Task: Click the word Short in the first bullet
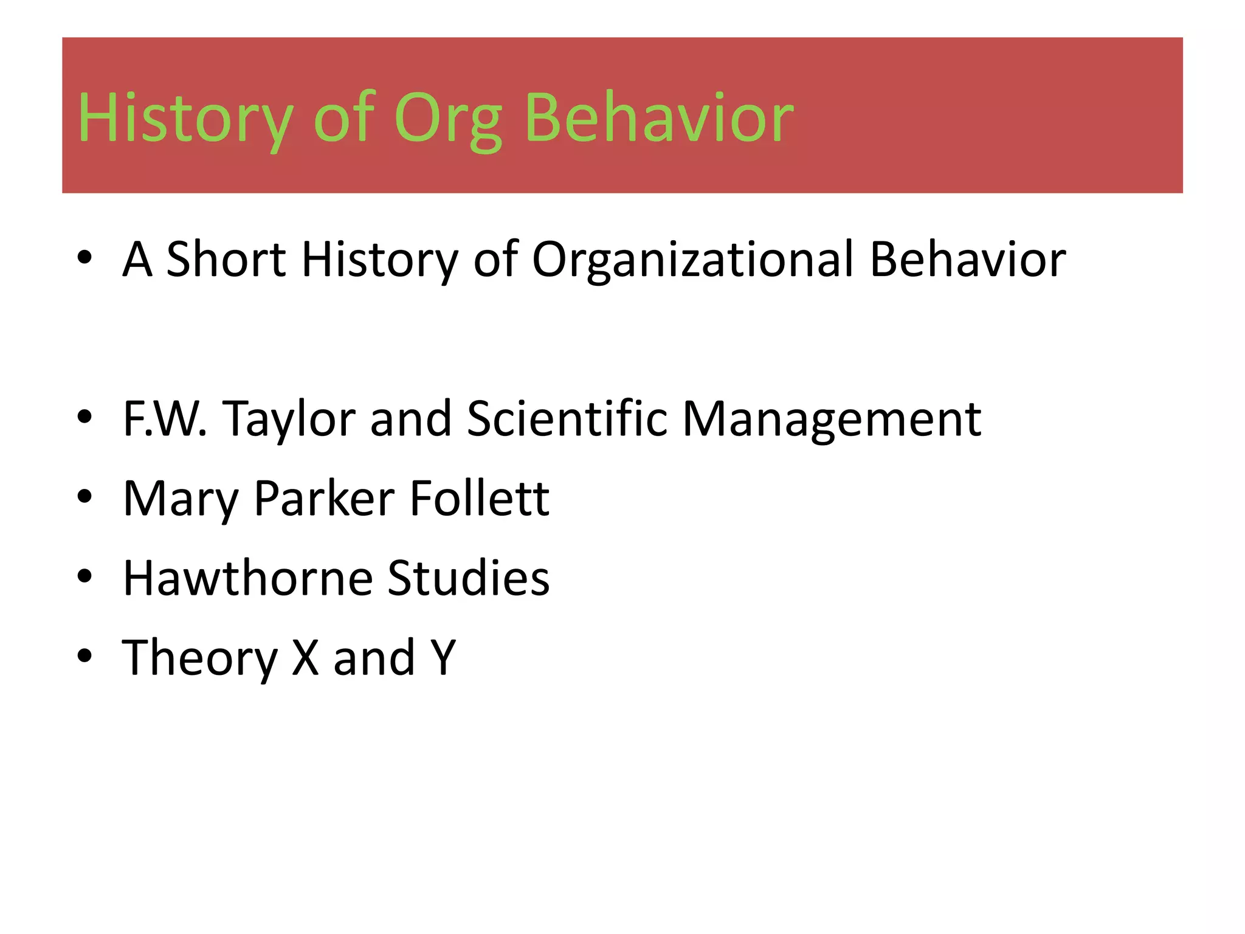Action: [226, 260]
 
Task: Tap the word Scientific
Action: [567, 419]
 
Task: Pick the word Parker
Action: [324, 499]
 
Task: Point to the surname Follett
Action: [480, 499]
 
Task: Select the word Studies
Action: [468, 578]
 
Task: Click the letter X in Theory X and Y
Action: [306, 658]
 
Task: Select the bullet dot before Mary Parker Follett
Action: [84, 496]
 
